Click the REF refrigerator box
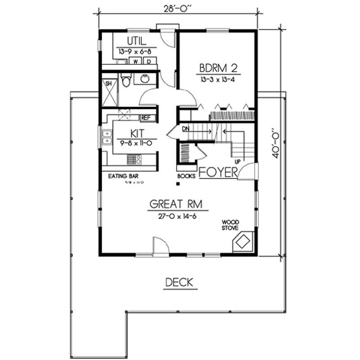(146, 117)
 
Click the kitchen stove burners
(134, 159)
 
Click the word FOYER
(217, 172)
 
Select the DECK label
(179, 283)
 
